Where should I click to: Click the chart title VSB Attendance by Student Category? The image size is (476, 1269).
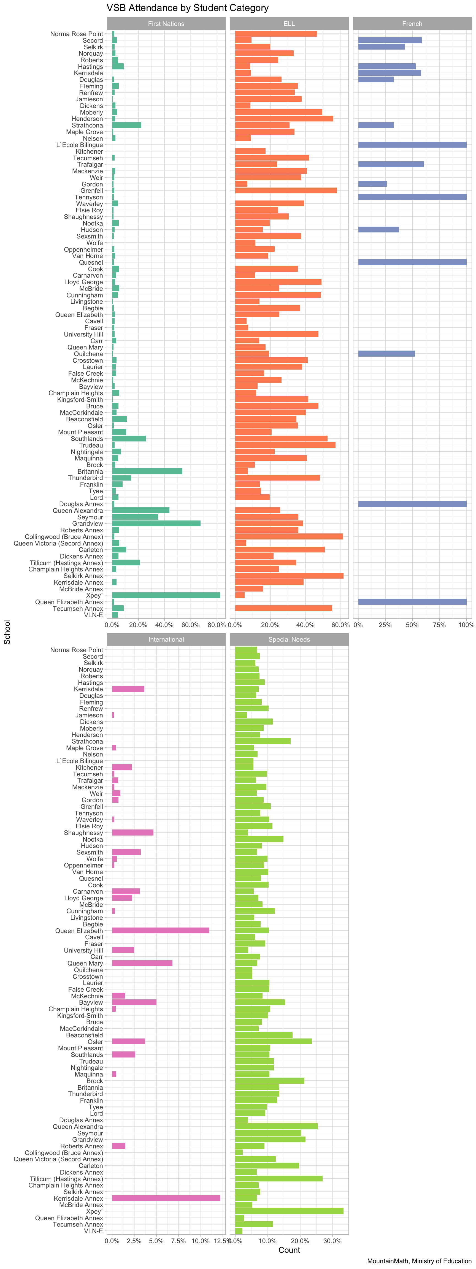point(187,8)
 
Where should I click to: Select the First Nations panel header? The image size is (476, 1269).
point(166,24)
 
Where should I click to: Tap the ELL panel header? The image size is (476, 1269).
point(289,24)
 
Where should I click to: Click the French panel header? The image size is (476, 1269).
point(412,24)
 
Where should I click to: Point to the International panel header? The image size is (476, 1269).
point(166,639)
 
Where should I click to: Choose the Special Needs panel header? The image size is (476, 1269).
point(289,639)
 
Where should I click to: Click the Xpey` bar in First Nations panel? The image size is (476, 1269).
point(166,595)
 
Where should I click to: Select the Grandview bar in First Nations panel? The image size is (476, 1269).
point(156,523)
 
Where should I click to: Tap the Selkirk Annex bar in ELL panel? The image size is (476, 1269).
point(289,575)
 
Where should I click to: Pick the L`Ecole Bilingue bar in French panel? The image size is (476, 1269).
point(412,145)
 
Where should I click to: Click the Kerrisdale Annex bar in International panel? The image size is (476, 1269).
point(166,1198)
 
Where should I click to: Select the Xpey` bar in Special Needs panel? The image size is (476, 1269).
point(289,1211)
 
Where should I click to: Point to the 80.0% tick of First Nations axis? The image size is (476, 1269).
point(217,625)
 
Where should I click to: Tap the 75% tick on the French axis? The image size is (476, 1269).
point(439,625)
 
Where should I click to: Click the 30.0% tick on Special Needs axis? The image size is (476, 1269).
point(332,1241)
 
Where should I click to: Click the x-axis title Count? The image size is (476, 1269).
point(289,1250)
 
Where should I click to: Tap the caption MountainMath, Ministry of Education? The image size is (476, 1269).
point(419,1261)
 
